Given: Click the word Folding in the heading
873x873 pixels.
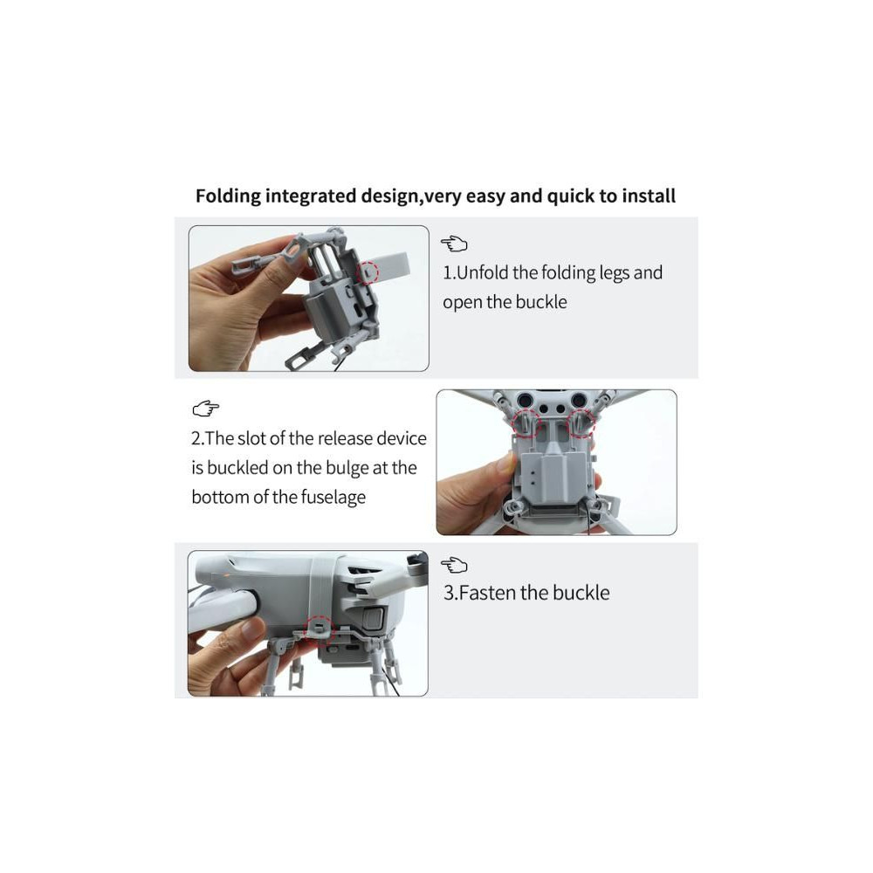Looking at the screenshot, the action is click(x=228, y=196).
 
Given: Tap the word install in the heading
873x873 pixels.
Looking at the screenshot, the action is click(x=649, y=196).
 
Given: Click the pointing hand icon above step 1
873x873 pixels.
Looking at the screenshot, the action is click(x=454, y=244).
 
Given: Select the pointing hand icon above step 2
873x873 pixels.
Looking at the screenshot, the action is click(x=205, y=409).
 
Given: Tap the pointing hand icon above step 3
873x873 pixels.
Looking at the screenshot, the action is click(x=454, y=565).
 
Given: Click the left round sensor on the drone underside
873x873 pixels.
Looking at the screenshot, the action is click(x=525, y=399).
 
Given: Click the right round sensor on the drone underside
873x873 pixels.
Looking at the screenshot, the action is click(x=579, y=399).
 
